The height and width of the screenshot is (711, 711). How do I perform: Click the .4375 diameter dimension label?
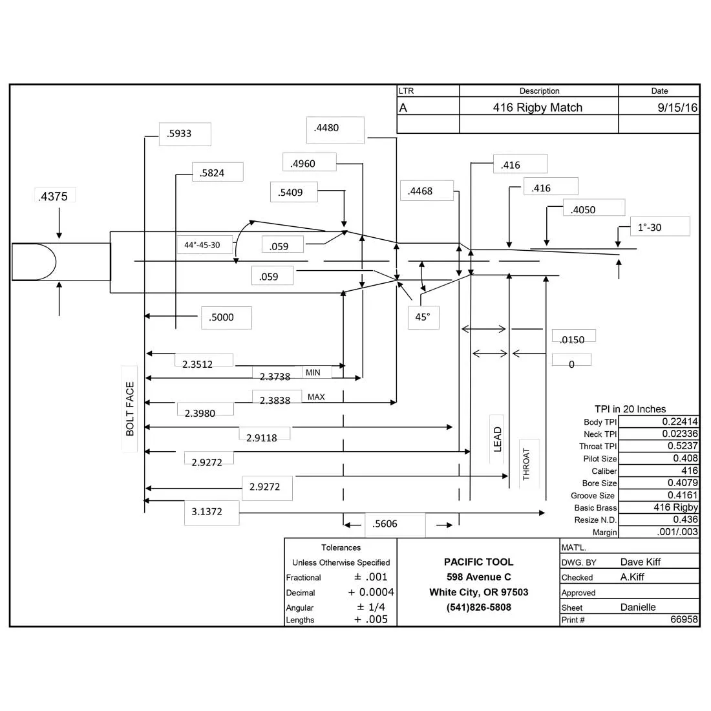pyautogui.click(x=53, y=196)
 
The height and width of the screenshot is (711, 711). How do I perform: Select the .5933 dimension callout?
pyautogui.click(x=179, y=134)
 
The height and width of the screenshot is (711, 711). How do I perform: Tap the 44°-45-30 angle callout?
pyautogui.click(x=202, y=245)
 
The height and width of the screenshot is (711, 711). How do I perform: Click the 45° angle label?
pyautogui.click(x=423, y=317)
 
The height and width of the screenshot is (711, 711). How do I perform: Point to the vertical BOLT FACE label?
pyautogui.click(x=130, y=409)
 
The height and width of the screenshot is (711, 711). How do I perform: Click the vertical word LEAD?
pyautogui.click(x=498, y=440)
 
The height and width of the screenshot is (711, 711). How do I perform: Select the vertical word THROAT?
pyautogui.click(x=526, y=464)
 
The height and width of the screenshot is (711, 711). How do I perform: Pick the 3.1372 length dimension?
pyautogui.click(x=207, y=511)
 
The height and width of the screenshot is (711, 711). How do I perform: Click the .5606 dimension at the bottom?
pyautogui.click(x=385, y=524)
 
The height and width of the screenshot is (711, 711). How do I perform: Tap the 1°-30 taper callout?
pyautogui.click(x=650, y=227)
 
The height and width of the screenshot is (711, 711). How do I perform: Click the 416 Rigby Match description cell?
pyautogui.click(x=538, y=107)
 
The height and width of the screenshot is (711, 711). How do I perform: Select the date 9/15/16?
pyautogui.click(x=677, y=107)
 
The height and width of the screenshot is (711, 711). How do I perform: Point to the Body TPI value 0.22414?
pyautogui.click(x=680, y=421)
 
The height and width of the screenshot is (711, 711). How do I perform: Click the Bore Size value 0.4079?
pyautogui.click(x=683, y=482)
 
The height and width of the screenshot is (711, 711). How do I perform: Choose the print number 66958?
pyautogui.click(x=684, y=619)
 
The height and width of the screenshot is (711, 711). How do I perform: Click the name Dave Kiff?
pyautogui.click(x=641, y=562)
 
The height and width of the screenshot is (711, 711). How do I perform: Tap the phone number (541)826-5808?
pyautogui.click(x=479, y=607)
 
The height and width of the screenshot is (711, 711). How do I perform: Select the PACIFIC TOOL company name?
pyautogui.click(x=479, y=562)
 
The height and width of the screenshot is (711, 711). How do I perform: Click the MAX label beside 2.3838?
pyautogui.click(x=316, y=397)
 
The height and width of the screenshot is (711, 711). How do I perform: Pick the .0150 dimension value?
pyautogui.click(x=572, y=339)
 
